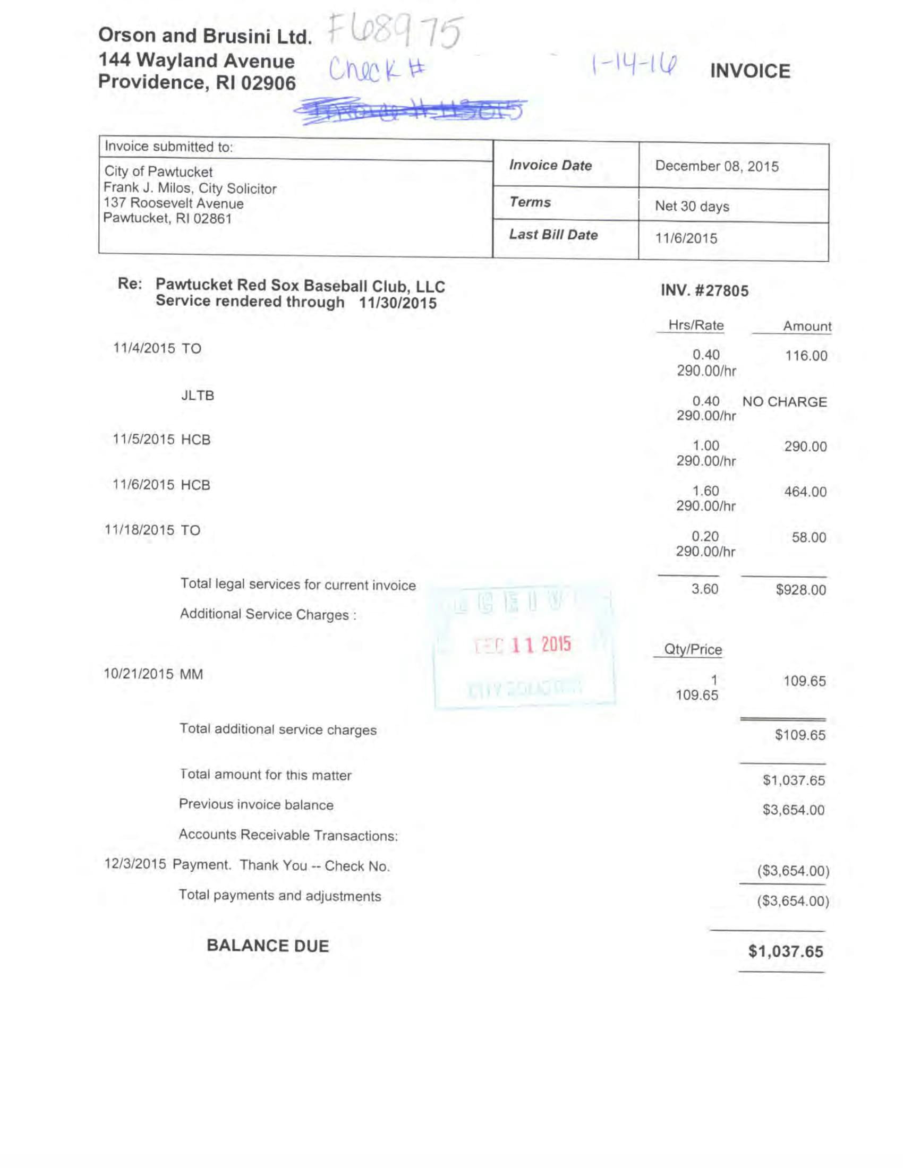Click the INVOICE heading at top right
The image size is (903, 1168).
tap(749, 71)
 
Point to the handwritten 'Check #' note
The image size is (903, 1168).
tap(377, 70)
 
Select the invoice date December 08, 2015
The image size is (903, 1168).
tap(717, 166)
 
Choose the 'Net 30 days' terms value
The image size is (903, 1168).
tap(692, 207)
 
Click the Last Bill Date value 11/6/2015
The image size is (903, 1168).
tap(686, 238)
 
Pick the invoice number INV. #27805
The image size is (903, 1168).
tap(704, 291)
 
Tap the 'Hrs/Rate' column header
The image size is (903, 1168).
tap(695, 325)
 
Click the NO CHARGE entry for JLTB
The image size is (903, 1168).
tap(784, 402)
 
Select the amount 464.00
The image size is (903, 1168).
tap(805, 492)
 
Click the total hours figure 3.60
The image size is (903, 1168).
tap(704, 589)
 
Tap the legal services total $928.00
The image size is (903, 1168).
tap(801, 590)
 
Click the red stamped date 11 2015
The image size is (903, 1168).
tap(540, 645)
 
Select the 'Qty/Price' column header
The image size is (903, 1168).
tap(692, 650)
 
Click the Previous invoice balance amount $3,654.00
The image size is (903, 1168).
tap(794, 810)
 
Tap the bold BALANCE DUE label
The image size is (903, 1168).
tap(268, 946)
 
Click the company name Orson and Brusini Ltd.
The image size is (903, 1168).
tap(205, 36)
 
